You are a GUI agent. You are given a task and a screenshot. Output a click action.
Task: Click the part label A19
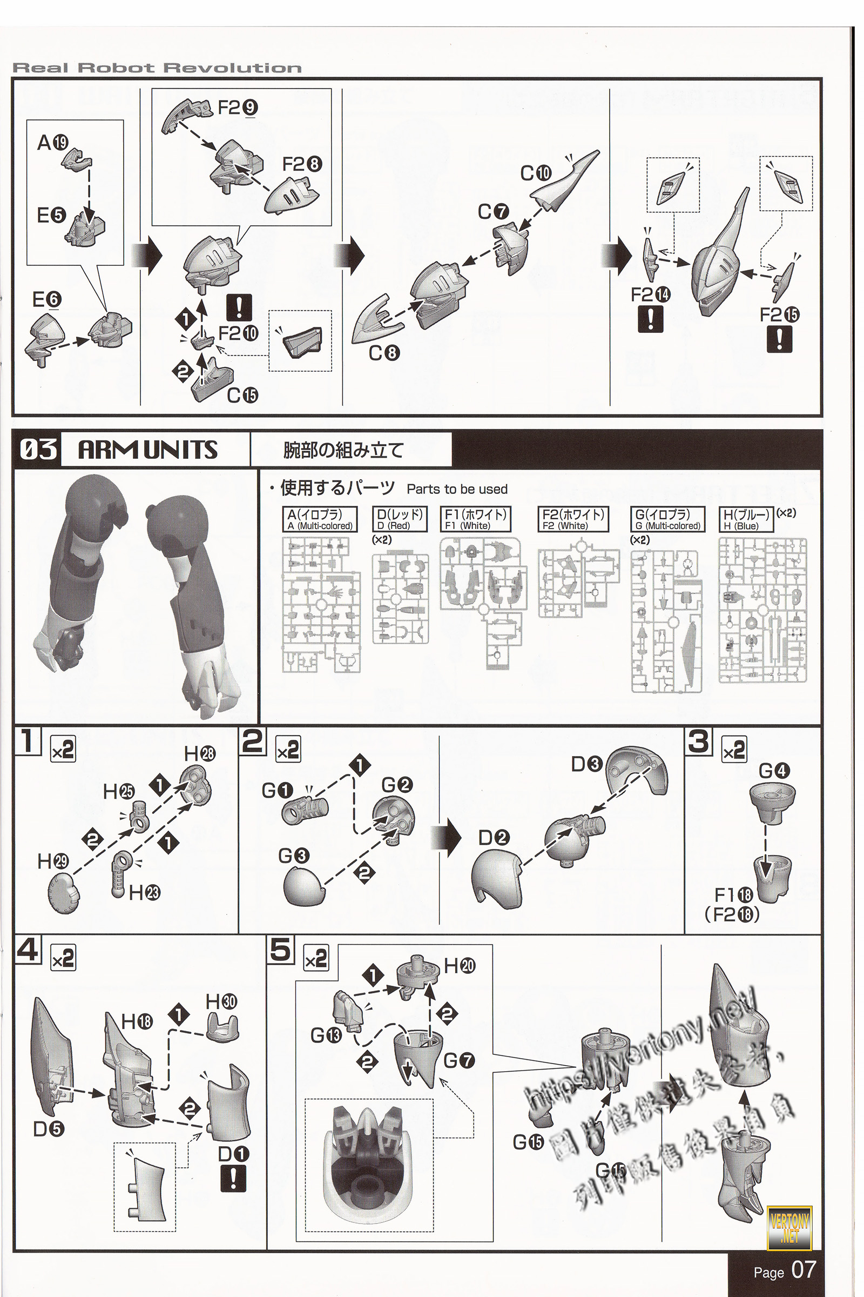tap(53, 143)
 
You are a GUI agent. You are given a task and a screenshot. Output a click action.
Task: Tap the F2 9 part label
tap(238, 108)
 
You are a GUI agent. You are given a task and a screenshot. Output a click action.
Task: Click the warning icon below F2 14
tap(650, 319)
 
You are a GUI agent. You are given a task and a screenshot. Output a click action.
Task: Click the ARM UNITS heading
tap(147, 450)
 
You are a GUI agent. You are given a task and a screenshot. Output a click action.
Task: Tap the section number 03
tap(38, 450)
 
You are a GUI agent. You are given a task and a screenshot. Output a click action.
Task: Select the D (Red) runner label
tap(400, 519)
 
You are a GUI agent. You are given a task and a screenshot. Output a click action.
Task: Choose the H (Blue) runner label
tap(746, 519)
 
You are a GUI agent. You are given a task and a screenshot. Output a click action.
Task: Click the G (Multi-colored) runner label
tap(667, 519)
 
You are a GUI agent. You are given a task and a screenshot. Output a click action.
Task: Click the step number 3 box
tap(698, 741)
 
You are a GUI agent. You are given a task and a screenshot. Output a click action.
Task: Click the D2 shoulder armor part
tap(495, 879)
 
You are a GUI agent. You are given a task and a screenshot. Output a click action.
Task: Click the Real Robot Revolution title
tap(157, 69)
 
